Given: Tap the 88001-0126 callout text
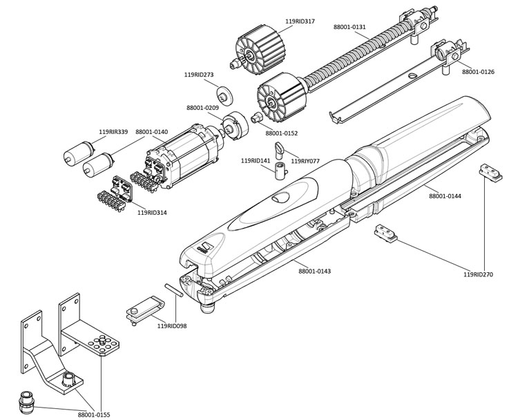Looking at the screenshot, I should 478,72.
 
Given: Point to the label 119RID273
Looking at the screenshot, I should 199,75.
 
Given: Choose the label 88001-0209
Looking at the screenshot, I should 203,107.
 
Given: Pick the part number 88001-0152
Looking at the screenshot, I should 281,133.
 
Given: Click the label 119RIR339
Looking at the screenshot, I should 113,132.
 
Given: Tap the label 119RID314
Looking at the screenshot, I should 152,213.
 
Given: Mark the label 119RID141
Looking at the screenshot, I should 256,160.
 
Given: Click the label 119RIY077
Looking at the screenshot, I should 305,160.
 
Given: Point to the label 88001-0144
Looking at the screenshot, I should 445,197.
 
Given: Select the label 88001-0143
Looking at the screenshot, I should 314,271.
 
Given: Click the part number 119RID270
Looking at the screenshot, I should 478,274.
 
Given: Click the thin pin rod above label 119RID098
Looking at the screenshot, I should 173,289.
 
